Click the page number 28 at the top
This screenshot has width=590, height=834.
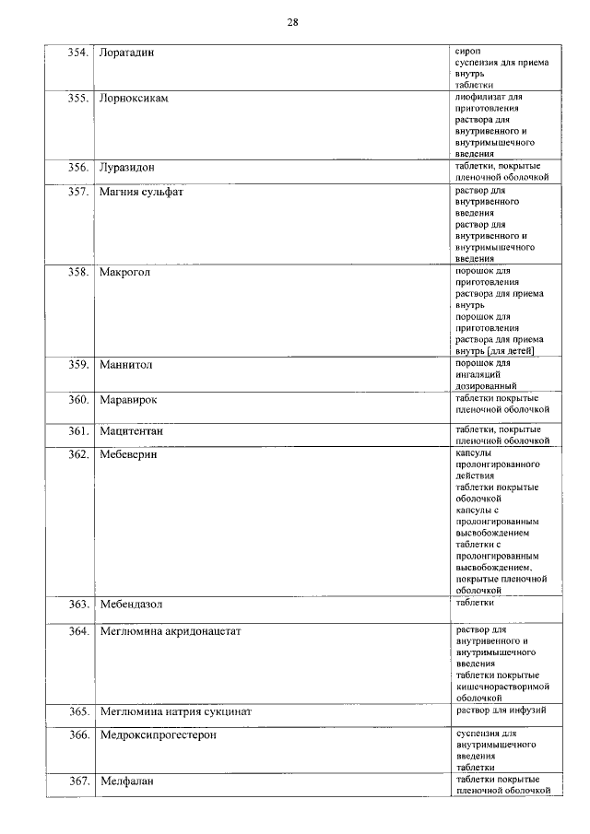pyautogui.click(x=292, y=21)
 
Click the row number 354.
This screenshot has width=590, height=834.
pyautogui.click(x=77, y=52)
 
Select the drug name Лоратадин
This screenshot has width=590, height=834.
pyautogui.click(x=126, y=52)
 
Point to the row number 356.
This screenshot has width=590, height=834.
pyautogui.click(x=77, y=168)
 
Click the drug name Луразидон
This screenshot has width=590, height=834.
pyautogui.click(x=127, y=168)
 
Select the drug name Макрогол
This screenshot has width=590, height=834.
pyautogui.click(x=124, y=273)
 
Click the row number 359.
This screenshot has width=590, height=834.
pyautogui.click(x=77, y=365)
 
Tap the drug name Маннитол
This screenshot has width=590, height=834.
pyautogui.click(x=126, y=365)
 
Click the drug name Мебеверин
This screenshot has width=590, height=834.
pyautogui.click(x=129, y=454)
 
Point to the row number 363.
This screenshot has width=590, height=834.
pyautogui.click(x=77, y=605)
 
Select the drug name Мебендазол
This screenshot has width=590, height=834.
pyautogui.click(x=131, y=605)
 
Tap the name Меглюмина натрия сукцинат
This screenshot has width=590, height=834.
pyautogui.click(x=175, y=712)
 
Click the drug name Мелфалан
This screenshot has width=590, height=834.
pyautogui.click(x=126, y=781)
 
